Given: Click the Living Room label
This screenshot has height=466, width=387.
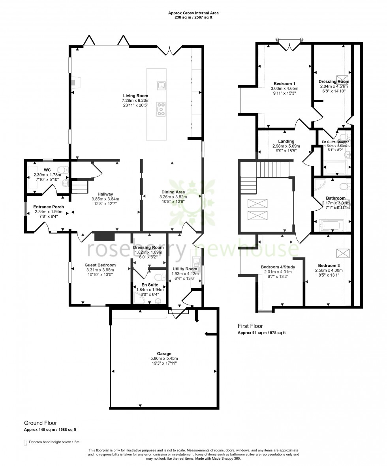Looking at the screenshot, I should pyautogui.click(x=135, y=95).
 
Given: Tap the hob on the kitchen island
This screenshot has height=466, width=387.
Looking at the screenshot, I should pyautogui.click(x=161, y=109).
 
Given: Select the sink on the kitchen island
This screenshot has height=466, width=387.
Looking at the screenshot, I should pyautogui.click(x=161, y=86).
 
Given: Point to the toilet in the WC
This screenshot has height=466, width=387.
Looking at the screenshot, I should pyautogui.click(x=65, y=170).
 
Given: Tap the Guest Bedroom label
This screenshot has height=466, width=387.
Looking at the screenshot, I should pyautogui.click(x=100, y=265).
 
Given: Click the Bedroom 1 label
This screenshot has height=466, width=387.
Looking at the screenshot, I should pyautogui.click(x=284, y=84).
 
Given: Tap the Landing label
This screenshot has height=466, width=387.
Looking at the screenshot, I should pyautogui.click(x=286, y=141).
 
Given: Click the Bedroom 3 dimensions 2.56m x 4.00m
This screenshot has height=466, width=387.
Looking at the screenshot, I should pyautogui.click(x=329, y=270).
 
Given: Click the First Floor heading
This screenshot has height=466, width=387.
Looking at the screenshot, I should pyautogui.click(x=250, y=326).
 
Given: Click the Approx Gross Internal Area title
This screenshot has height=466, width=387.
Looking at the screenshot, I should pyautogui.click(x=193, y=13).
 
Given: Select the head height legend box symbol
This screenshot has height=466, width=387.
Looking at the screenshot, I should pyautogui.click(x=26, y=442).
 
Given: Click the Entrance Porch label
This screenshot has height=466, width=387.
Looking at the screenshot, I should pyautogui.click(x=49, y=207).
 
